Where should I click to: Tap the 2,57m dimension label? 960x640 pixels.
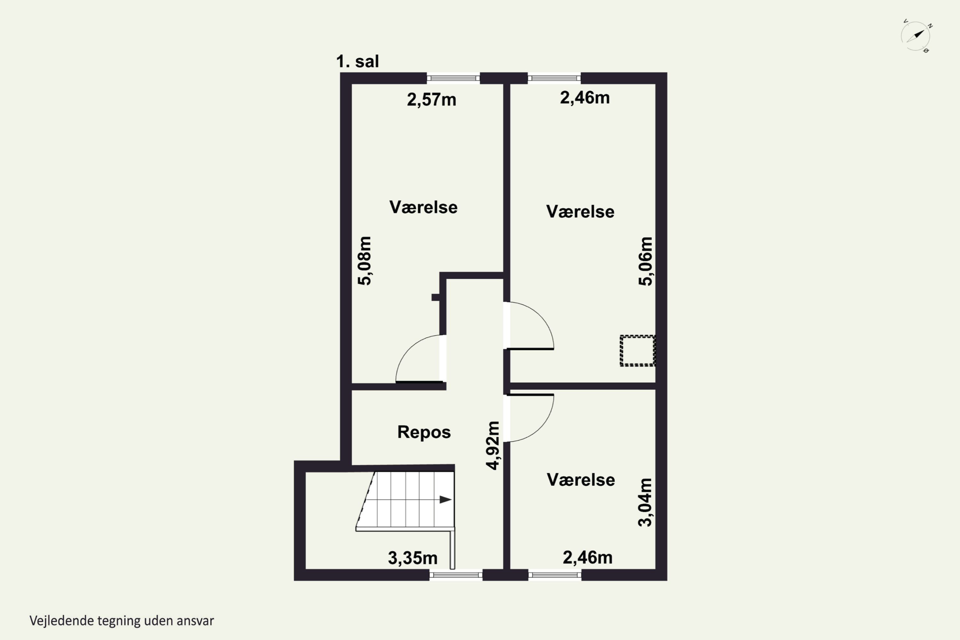click(431, 100)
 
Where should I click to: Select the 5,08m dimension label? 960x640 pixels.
click(364, 260)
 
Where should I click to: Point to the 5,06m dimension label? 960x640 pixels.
click(645, 261)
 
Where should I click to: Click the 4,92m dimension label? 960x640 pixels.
click(493, 446)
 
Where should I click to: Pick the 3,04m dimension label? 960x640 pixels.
click(645, 502)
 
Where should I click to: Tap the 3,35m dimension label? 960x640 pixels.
click(413, 558)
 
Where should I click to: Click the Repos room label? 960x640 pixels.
click(424, 432)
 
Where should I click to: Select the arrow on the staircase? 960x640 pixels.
click(445, 499)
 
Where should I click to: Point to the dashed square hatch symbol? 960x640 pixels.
click(637, 351)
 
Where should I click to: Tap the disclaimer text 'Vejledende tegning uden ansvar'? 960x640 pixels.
click(122, 621)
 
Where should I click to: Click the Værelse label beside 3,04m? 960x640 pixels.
click(581, 480)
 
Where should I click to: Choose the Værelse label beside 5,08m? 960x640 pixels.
click(423, 207)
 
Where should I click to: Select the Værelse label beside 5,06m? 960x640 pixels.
click(580, 212)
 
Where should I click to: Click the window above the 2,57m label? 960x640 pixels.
click(453, 78)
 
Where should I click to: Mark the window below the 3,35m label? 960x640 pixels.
click(456, 575)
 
